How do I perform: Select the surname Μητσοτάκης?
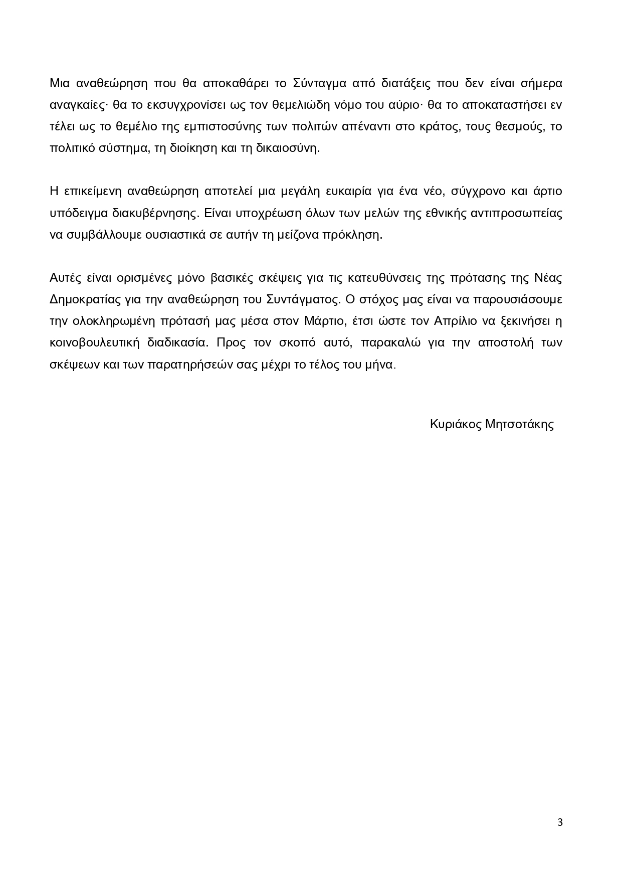(x=519, y=424)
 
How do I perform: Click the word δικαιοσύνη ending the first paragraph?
(x=290, y=148)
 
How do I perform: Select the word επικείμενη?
(x=91, y=192)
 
